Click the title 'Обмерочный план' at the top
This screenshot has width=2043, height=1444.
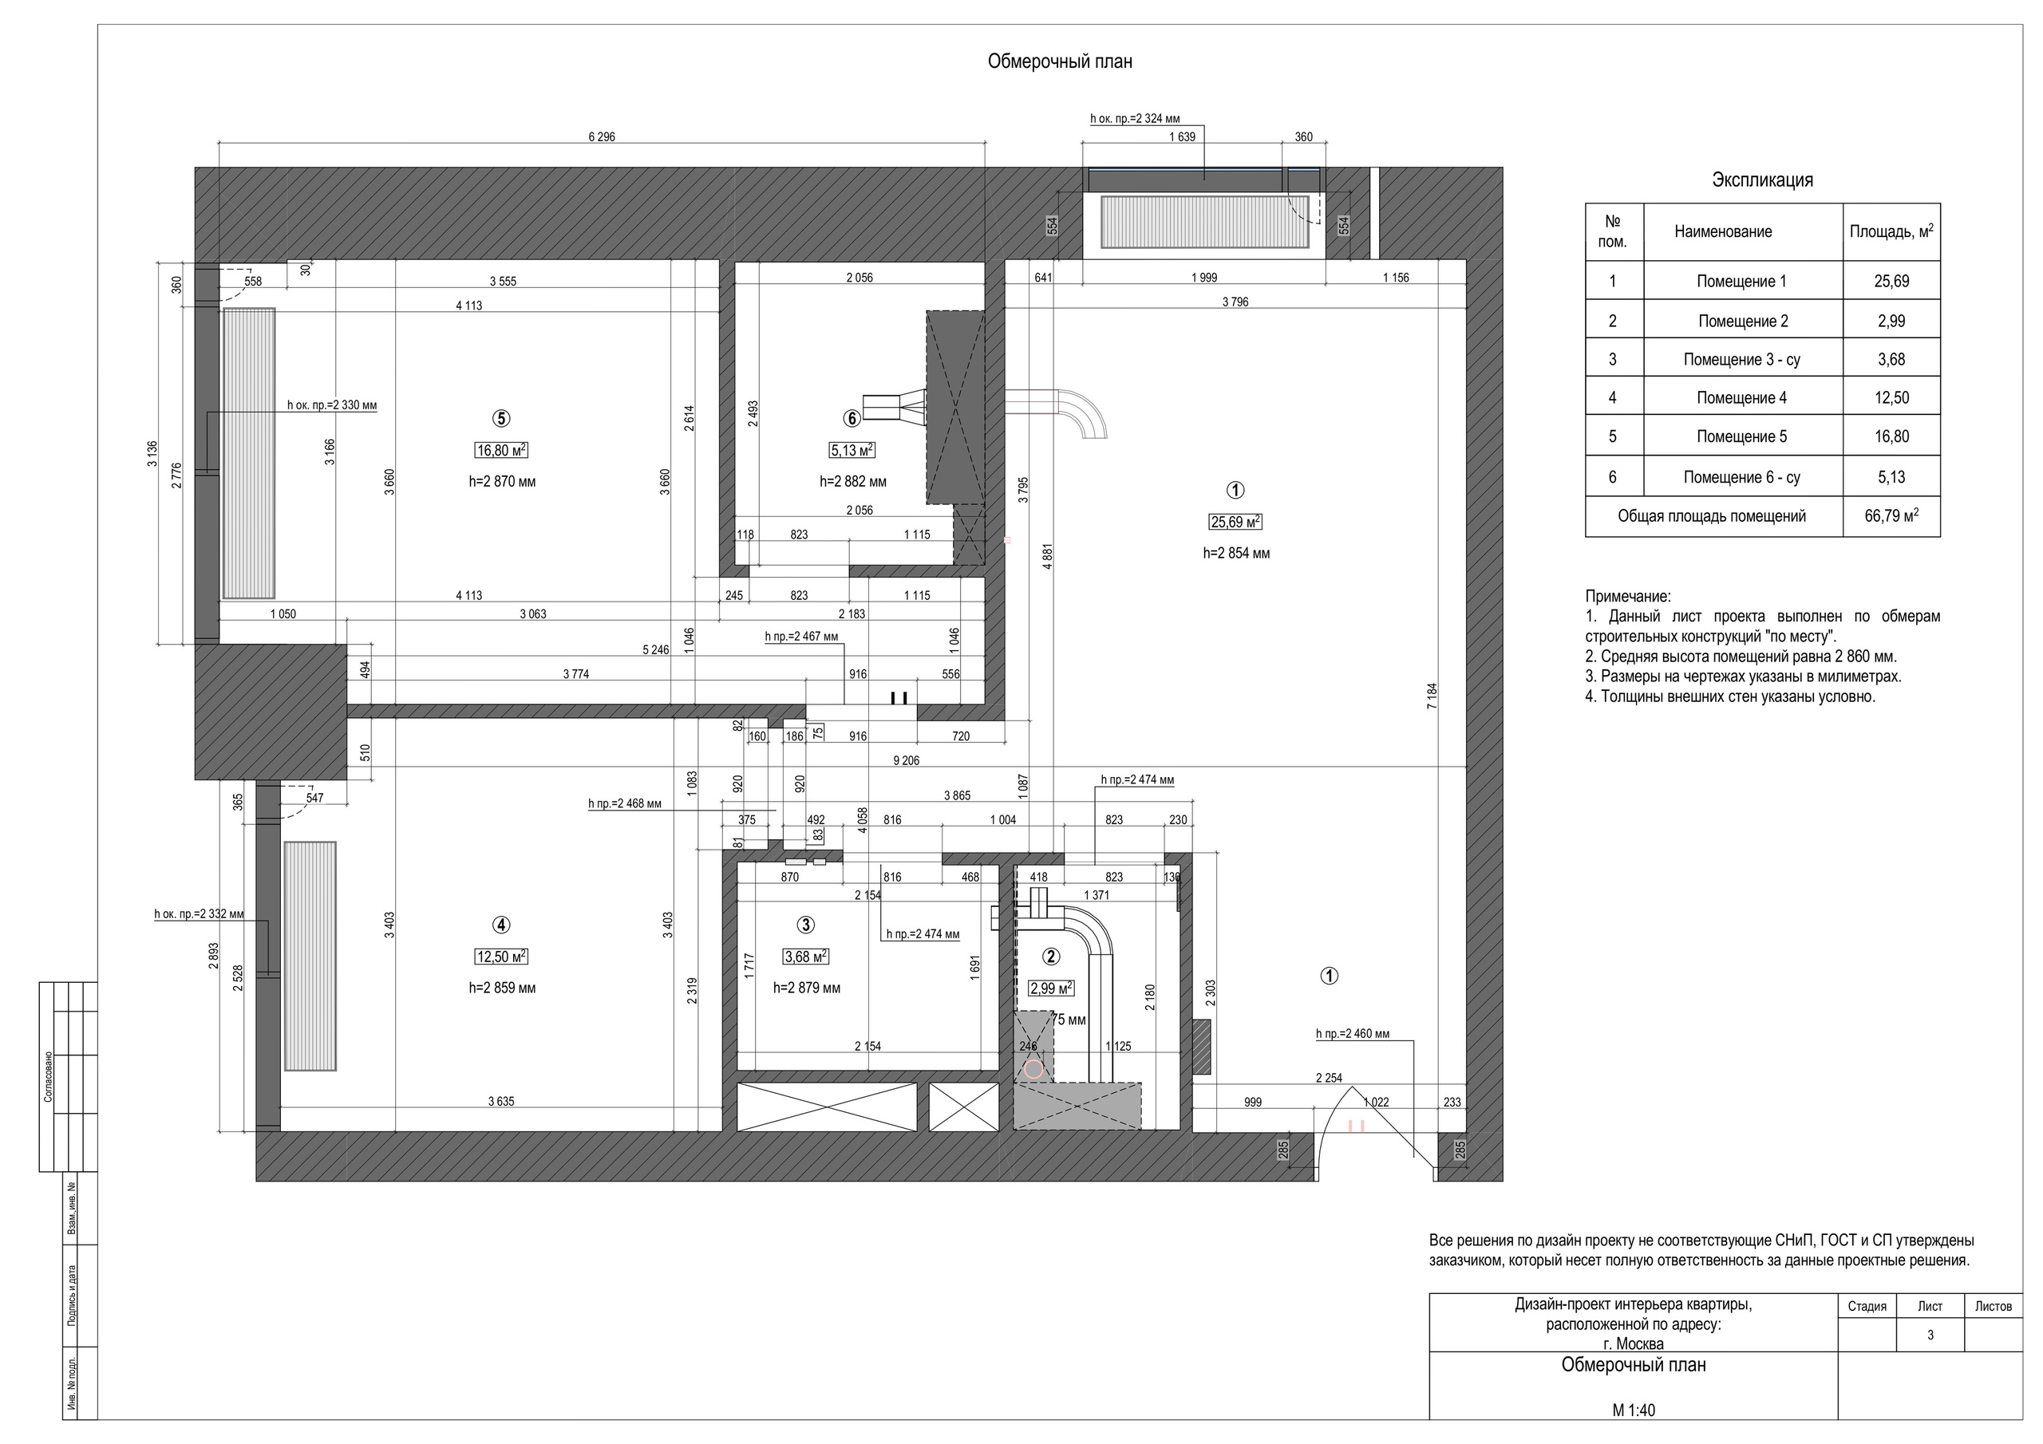point(1059,61)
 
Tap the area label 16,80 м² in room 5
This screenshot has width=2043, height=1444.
point(502,451)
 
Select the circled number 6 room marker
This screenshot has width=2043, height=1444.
point(852,418)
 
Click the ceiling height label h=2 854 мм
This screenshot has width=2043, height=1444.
point(1236,554)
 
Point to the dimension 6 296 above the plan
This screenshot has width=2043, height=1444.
point(602,137)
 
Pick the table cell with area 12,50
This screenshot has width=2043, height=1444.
point(1891,398)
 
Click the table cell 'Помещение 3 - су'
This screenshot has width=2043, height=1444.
point(1741,360)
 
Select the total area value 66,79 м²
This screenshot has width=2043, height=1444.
point(1891,516)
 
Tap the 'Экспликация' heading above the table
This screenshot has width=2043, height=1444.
point(1762,180)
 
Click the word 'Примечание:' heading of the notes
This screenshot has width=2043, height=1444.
point(1627,596)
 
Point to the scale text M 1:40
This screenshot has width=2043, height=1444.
point(1634,1410)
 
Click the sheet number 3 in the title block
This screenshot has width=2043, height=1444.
point(1930,1335)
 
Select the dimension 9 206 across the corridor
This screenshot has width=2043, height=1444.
point(906,761)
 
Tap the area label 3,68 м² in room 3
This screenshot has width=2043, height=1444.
point(805,957)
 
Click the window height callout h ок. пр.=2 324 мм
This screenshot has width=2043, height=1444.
point(1135,118)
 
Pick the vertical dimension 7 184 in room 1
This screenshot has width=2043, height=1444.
point(1432,696)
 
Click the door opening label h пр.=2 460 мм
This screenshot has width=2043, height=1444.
point(1352,1034)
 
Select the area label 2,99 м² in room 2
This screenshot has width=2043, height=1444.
point(1051,988)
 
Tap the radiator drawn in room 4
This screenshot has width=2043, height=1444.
point(310,957)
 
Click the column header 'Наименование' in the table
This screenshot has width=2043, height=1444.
point(1723,232)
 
